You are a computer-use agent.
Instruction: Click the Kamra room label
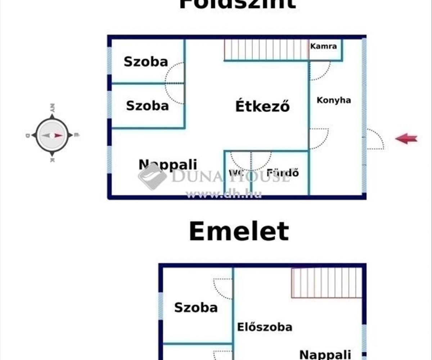(324, 46)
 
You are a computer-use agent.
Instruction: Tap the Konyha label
(334, 100)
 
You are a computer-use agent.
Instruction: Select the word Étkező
(262, 106)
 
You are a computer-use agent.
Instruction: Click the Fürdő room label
(283, 173)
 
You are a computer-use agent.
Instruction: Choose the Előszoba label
(265, 327)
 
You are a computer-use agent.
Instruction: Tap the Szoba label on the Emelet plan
(196, 307)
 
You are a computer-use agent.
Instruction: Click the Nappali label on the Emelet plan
(325, 354)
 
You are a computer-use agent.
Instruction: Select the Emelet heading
(239, 231)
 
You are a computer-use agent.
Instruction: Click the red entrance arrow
(406, 138)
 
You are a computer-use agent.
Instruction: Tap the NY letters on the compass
(53, 108)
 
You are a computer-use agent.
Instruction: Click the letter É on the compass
(76, 135)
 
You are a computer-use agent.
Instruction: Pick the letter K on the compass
(52, 159)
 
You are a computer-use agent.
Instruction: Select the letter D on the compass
(28, 135)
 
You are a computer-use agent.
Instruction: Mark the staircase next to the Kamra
(266, 49)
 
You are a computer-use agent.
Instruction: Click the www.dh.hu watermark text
(223, 194)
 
